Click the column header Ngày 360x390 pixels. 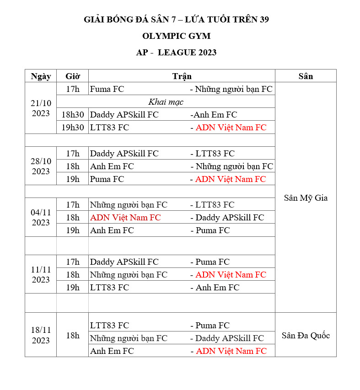point(41,76)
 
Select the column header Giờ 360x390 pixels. point(72,76)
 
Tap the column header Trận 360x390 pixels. point(182,76)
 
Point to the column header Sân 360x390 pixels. point(306,76)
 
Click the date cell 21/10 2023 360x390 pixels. point(41,108)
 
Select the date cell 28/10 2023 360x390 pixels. point(41,166)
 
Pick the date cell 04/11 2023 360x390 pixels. point(41,218)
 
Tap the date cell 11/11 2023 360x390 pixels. point(41,275)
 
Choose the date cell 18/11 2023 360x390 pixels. point(41,335)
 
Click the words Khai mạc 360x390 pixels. point(166,102)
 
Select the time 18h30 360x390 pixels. point(73,115)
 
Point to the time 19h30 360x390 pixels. point(73,128)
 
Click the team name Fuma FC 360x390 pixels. point(107,89)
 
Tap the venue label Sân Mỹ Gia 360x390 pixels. point(306,198)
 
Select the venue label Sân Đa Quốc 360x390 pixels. point(306,336)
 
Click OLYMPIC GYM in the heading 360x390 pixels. point(176,36)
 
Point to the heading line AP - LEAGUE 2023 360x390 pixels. point(176,53)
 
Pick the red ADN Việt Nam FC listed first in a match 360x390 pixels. point(125,218)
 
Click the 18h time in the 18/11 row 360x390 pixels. point(72,336)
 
